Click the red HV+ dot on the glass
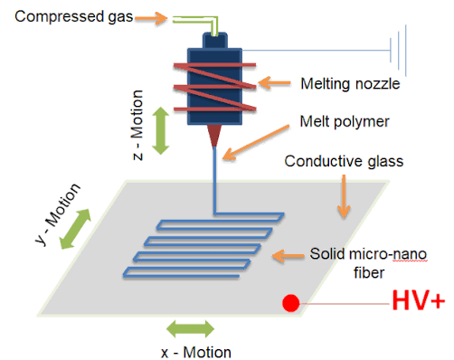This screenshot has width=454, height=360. (291, 303)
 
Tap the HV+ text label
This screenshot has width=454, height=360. (419, 300)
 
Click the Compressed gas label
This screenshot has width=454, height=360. (74, 16)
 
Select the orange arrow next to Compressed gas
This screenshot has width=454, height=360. (151, 18)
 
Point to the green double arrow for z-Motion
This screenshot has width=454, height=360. (160, 130)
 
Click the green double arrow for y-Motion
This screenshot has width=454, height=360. (75, 229)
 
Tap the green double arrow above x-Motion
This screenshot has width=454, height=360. (191, 328)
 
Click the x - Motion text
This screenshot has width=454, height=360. (196, 352)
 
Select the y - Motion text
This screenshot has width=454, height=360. (58, 213)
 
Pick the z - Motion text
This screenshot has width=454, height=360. (137, 125)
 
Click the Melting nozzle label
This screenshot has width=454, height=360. (350, 83)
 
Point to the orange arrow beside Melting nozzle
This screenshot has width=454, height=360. (275, 82)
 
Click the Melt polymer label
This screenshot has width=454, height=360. (345, 122)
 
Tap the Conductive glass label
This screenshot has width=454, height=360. (344, 161)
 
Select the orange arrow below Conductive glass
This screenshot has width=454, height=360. (344, 196)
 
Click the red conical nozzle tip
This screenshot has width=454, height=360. (214, 136)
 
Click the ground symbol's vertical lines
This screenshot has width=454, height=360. (398, 51)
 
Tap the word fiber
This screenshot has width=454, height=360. (369, 273)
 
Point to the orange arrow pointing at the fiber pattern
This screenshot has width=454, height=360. (288, 256)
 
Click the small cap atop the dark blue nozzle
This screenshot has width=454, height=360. (214, 41)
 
